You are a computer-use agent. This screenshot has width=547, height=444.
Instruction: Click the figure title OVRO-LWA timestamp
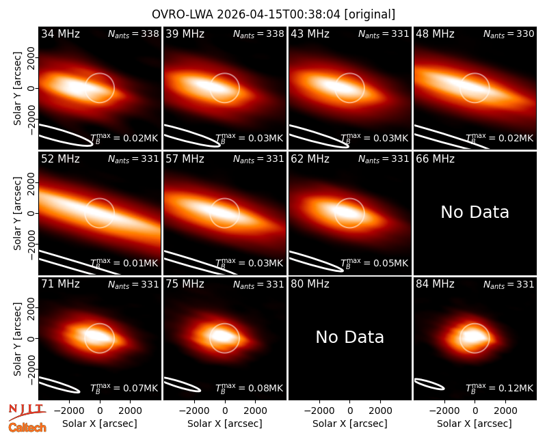click(x=273, y=14)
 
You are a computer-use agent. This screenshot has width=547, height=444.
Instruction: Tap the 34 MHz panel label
click(x=60, y=33)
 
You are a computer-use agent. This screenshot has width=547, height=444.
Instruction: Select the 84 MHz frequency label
click(x=435, y=284)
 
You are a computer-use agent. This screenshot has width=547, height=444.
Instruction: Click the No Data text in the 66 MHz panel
click(x=475, y=212)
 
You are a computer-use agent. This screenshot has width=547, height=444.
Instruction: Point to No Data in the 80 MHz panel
click(x=350, y=337)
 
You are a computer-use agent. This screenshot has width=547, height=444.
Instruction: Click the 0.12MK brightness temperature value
click(x=500, y=388)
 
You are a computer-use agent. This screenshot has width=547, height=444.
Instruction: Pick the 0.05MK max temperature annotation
click(x=374, y=263)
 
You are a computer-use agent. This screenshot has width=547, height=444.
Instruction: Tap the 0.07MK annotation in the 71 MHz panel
click(x=124, y=388)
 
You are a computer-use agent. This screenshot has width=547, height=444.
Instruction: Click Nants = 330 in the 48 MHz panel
click(x=509, y=34)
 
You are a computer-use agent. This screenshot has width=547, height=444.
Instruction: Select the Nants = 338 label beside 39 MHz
click(x=258, y=34)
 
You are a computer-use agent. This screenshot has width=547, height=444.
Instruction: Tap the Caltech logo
click(x=27, y=428)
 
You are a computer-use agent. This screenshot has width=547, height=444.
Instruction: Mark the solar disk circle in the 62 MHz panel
click(x=349, y=199)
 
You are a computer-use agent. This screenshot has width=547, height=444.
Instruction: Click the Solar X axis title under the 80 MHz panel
click(x=350, y=424)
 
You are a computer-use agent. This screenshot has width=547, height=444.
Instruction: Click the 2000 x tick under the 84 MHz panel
click(x=505, y=411)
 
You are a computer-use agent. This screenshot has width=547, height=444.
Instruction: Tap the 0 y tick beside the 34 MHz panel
click(x=31, y=88)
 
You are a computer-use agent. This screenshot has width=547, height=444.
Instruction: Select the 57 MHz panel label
click(x=185, y=159)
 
